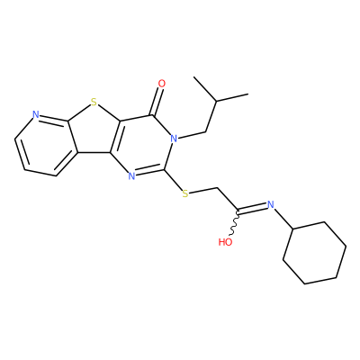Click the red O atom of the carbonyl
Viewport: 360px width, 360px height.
point(162,84)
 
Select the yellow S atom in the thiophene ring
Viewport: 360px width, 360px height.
point(94,103)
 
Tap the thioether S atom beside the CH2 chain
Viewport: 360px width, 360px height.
point(185,193)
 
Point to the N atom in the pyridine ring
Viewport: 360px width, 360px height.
point(36,114)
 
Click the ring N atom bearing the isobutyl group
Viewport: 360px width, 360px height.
point(173,139)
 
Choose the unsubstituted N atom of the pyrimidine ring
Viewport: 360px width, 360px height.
point(131,176)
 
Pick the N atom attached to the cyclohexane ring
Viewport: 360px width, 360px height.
point(271,205)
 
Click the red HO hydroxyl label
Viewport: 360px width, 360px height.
point(225,242)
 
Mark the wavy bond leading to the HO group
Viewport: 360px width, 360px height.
point(235,223)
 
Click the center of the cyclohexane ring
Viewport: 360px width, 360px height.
point(315,253)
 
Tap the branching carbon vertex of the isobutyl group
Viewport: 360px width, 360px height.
point(216,102)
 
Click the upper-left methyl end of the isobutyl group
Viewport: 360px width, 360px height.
point(194,77)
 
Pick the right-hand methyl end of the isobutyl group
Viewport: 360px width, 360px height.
point(248,94)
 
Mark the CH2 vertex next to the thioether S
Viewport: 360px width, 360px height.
point(217,188)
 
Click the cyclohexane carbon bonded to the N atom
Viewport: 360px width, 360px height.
point(293,229)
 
